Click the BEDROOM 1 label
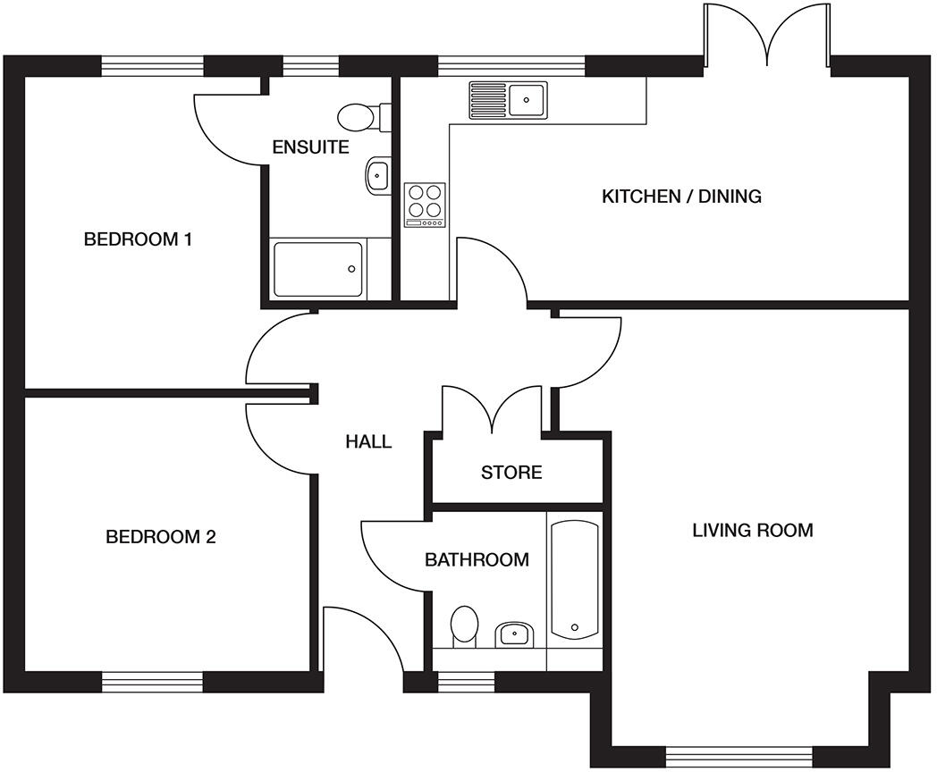coord(139,239)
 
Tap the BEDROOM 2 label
coord(161,537)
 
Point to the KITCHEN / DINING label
coord(681,196)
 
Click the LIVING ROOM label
coord(753,530)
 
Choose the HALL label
coord(368,441)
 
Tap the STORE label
coord(511,472)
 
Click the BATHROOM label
coord(477,560)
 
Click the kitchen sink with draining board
coord(509,98)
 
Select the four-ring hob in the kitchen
coord(426,203)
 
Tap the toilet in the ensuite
coord(362,117)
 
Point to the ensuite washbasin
coord(377,175)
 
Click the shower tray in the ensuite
coord(318,269)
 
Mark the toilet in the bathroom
coord(464,625)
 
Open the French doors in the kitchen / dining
coord(767,36)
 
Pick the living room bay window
coord(739,757)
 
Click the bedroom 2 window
coord(153,683)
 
